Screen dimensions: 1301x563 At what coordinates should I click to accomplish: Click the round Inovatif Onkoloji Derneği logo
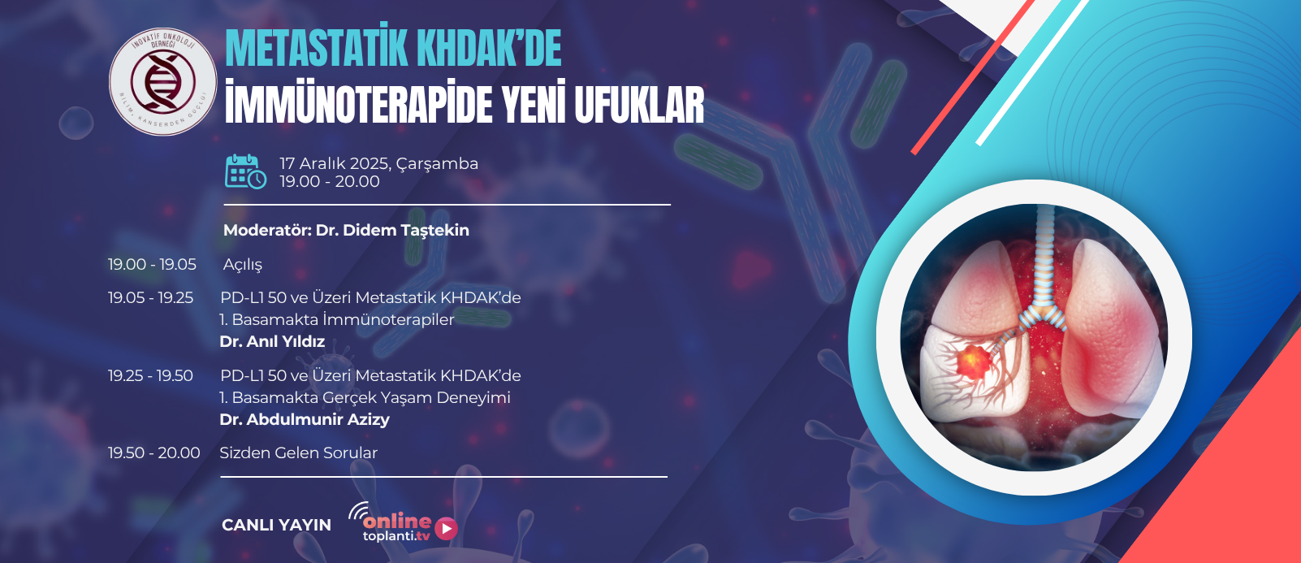tap(162, 81)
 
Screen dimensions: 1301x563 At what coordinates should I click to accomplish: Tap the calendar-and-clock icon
tap(246, 171)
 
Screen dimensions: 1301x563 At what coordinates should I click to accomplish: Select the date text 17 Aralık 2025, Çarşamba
tap(378, 164)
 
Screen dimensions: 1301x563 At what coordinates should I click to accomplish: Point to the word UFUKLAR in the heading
tap(639, 105)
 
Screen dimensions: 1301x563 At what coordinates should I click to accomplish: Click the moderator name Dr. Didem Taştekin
tap(392, 230)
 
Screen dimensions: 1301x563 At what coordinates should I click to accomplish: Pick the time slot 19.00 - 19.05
tap(152, 264)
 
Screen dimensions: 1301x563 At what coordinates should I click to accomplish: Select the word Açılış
tap(243, 265)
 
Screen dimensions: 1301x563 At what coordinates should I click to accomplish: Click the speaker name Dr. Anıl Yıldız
tap(272, 342)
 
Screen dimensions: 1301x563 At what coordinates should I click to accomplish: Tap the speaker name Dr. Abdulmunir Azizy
tap(305, 419)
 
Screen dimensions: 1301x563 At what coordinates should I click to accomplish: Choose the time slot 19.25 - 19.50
tap(150, 376)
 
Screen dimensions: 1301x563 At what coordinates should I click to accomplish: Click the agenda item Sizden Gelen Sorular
tap(299, 453)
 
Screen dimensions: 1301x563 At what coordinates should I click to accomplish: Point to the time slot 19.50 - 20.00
tap(154, 453)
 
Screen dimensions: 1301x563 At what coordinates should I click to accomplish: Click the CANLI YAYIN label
tap(276, 526)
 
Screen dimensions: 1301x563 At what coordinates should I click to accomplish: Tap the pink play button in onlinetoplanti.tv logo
tap(446, 529)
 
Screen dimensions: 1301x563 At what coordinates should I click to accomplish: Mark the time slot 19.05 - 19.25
tap(150, 298)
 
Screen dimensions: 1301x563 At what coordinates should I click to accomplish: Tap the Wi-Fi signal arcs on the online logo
tap(358, 510)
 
